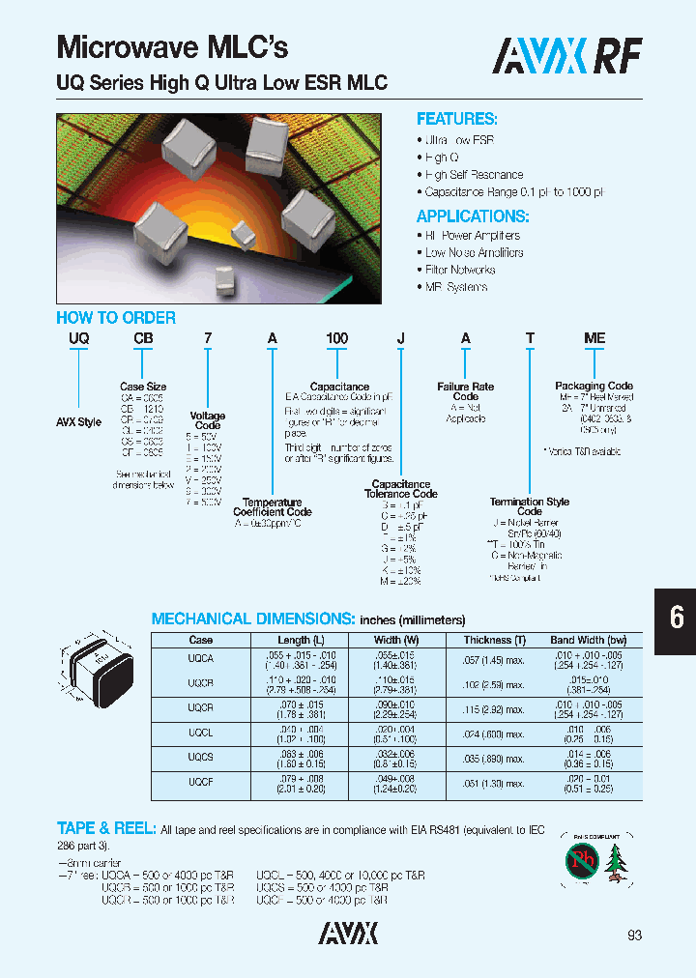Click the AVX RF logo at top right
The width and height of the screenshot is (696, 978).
[566, 56]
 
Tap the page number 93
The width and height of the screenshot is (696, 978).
[634, 935]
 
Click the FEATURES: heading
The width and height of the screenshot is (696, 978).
[456, 119]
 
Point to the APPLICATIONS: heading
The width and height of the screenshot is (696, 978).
[472, 216]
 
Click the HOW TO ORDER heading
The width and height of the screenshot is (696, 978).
[116, 318]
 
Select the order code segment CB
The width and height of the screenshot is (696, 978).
[144, 338]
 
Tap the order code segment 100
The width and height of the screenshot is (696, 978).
[336, 338]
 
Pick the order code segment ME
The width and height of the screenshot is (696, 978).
[594, 338]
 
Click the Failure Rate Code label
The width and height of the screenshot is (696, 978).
[465, 391]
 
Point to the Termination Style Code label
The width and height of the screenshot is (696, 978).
[529, 506]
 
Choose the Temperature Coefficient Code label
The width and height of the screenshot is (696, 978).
[272, 507]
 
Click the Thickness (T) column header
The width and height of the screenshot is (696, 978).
[494, 640]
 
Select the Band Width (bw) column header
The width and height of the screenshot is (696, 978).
[588, 640]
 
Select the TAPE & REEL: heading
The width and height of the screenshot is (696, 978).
[105, 828]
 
